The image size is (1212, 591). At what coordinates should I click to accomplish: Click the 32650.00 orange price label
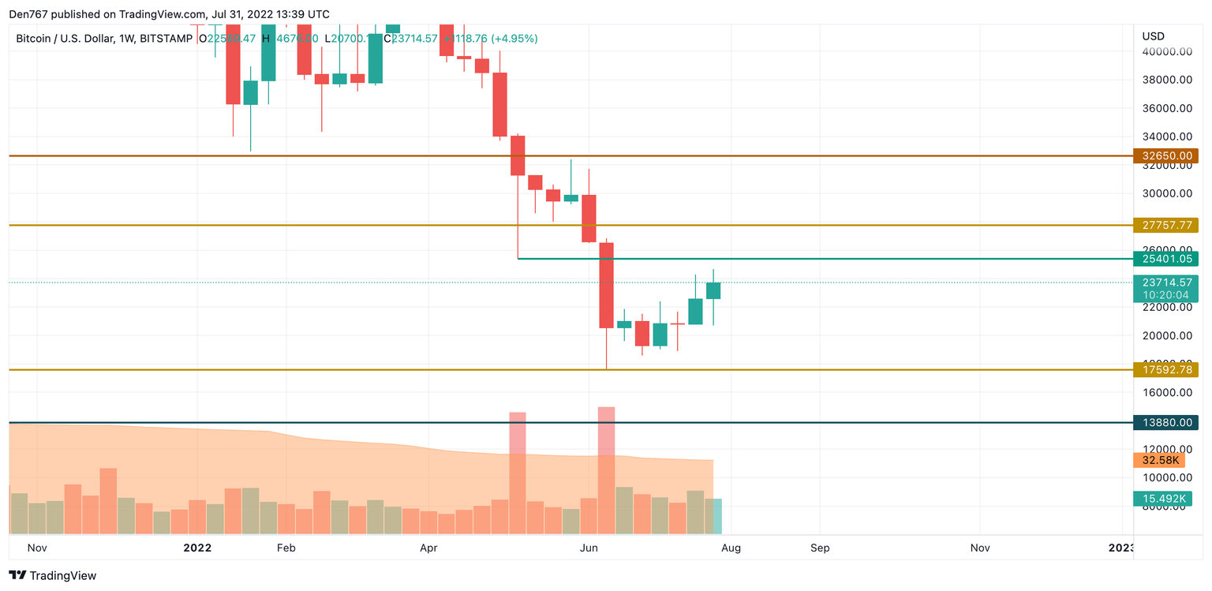coord(1165,156)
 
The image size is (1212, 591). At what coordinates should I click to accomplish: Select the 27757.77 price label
coord(1165,225)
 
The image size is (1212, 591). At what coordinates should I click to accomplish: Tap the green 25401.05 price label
coord(1165,258)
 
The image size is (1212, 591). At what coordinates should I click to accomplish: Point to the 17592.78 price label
coord(1165,369)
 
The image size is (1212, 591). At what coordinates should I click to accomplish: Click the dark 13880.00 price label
coord(1165,423)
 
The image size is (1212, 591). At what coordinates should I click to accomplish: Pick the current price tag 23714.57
coord(1165,282)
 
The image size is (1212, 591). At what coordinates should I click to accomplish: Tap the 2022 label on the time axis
coord(197,548)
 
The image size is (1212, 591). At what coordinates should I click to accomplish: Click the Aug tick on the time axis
coord(731,548)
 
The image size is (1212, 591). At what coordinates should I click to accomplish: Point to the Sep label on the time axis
coord(820,548)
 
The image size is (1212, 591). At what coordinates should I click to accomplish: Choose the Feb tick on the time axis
coord(286,548)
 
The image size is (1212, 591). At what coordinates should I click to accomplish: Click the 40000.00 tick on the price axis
coord(1166,51)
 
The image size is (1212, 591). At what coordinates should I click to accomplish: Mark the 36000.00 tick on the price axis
coord(1166,108)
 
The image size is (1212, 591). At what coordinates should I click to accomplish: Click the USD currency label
coord(1153,36)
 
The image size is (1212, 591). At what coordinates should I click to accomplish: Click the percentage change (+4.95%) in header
coord(514,38)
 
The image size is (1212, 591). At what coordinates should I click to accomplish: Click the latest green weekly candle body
coord(713,290)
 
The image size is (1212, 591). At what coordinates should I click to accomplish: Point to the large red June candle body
coord(606,285)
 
